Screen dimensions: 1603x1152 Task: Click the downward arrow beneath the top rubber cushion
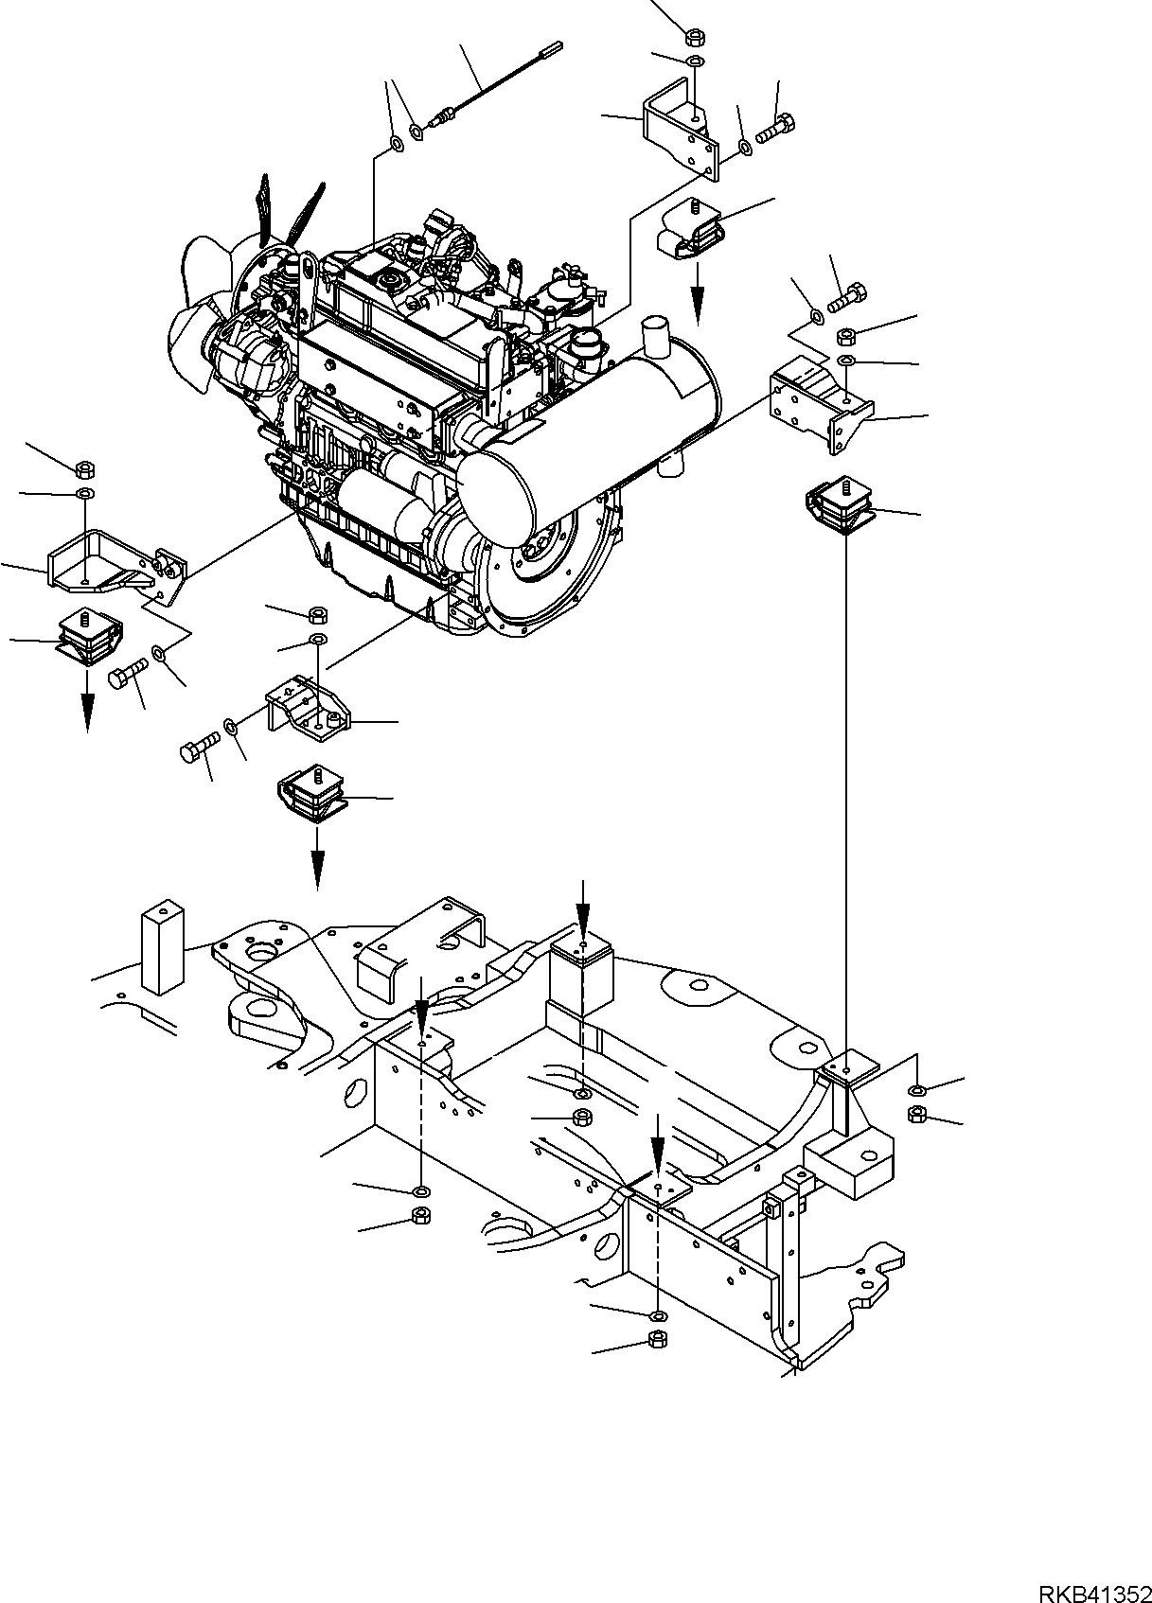point(698,301)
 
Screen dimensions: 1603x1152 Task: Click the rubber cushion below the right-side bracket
point(837,507)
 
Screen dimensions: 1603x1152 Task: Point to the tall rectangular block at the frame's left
point(162,946)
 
